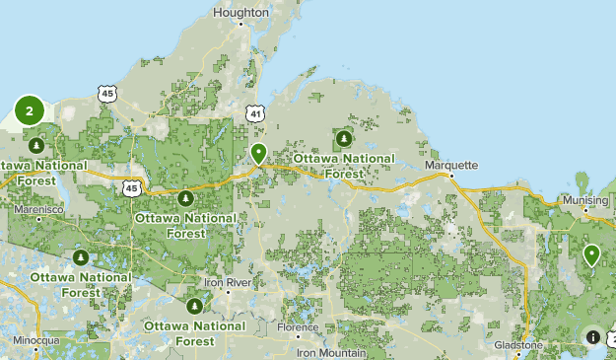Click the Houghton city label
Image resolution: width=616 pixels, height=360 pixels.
pyautogui.click(x=240, y=13)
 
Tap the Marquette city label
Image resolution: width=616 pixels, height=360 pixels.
pyautogui.click(x=450, y=166)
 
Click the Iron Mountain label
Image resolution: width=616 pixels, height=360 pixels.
pyautogui.click(x=333, y=352)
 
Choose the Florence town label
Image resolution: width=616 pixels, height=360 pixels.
pyautogui.click(x=298, y=326)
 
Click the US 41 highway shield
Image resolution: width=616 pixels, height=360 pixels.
pyautogui.click(x=256, y=114)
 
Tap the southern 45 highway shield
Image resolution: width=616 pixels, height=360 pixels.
pyautogui.click(x=132, y=187)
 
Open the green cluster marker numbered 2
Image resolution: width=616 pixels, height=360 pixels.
pyautogui.click(x=30, y=111)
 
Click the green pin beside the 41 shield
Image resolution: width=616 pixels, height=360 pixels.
pyautogui.click(x=258, y=154)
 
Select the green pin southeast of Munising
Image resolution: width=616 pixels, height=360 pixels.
pyautogui.click(x=591, y=255)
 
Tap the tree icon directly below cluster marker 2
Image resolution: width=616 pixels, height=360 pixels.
pyautogui.click(x=35, y=146)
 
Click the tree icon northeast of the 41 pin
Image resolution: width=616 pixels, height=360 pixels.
pyautogui.click(x=344, y=138)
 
